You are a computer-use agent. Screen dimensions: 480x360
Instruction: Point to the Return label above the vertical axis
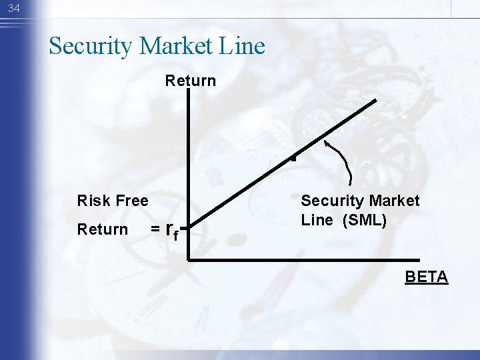191,81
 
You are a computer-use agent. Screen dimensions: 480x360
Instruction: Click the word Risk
92,201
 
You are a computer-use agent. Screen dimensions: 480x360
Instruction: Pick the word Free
131,201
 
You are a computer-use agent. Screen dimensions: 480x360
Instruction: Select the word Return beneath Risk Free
102,229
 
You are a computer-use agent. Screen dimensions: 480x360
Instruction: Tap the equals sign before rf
155,229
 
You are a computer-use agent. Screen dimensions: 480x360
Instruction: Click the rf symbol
171,231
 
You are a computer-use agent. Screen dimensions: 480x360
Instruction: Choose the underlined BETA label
427,277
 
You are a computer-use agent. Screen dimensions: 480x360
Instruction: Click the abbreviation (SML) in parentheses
364,220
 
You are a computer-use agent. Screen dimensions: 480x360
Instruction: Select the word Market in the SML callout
393,201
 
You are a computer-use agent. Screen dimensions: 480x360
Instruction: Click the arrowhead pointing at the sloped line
326,141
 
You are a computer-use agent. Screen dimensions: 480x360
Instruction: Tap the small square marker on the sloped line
292,159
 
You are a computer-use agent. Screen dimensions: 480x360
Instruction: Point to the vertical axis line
189,173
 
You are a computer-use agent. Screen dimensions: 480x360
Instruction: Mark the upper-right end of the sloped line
375,101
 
